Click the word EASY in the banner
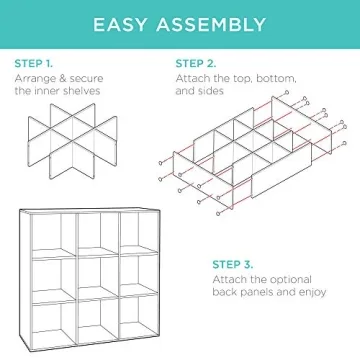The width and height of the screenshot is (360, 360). click(126, 22)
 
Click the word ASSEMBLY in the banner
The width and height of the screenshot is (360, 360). click(213, 22)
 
